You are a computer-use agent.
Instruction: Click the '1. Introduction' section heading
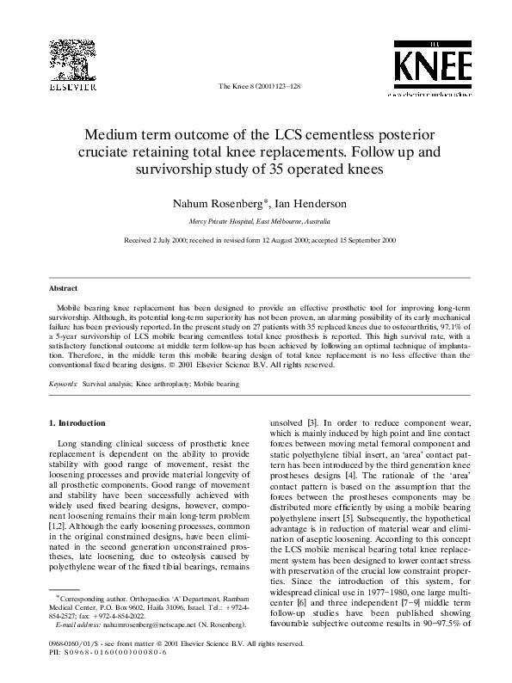77,423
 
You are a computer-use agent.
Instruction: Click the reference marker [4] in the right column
349,475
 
